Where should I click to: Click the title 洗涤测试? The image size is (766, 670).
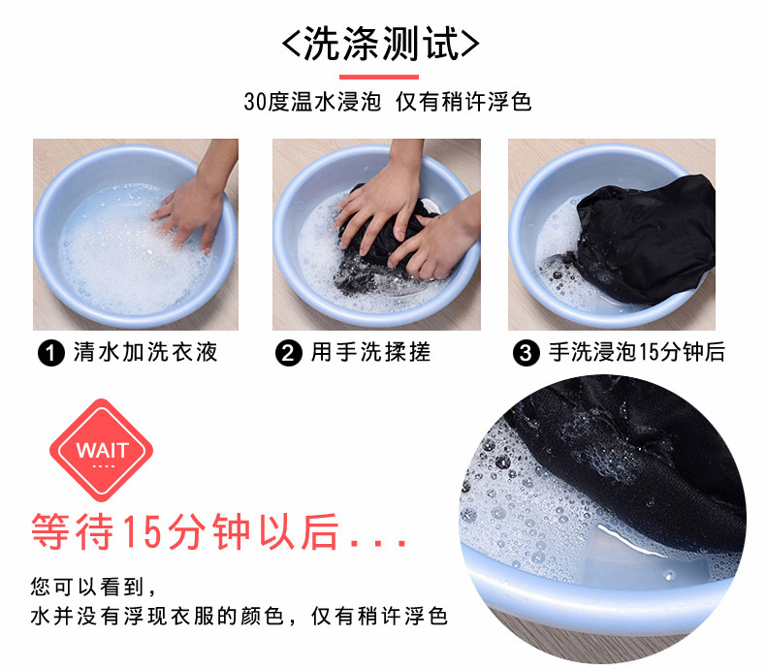coord(381,44)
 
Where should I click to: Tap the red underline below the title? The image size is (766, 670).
coord(379,77)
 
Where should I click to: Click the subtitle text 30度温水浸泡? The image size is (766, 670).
coord(312,102)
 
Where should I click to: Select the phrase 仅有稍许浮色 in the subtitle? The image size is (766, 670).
coord(463,102)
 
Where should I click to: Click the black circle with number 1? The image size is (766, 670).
coord(51,353)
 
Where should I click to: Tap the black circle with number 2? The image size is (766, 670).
coord(289,353)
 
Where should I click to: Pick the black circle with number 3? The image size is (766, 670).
coord(527,353)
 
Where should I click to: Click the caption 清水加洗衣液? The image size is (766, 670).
coord(145,352)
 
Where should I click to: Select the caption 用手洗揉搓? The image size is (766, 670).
coord(371,352)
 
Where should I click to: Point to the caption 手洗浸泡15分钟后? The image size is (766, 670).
coord(637,352)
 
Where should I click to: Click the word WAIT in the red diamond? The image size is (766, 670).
coord(102,450)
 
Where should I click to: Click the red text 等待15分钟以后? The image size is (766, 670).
coord(185,531)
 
